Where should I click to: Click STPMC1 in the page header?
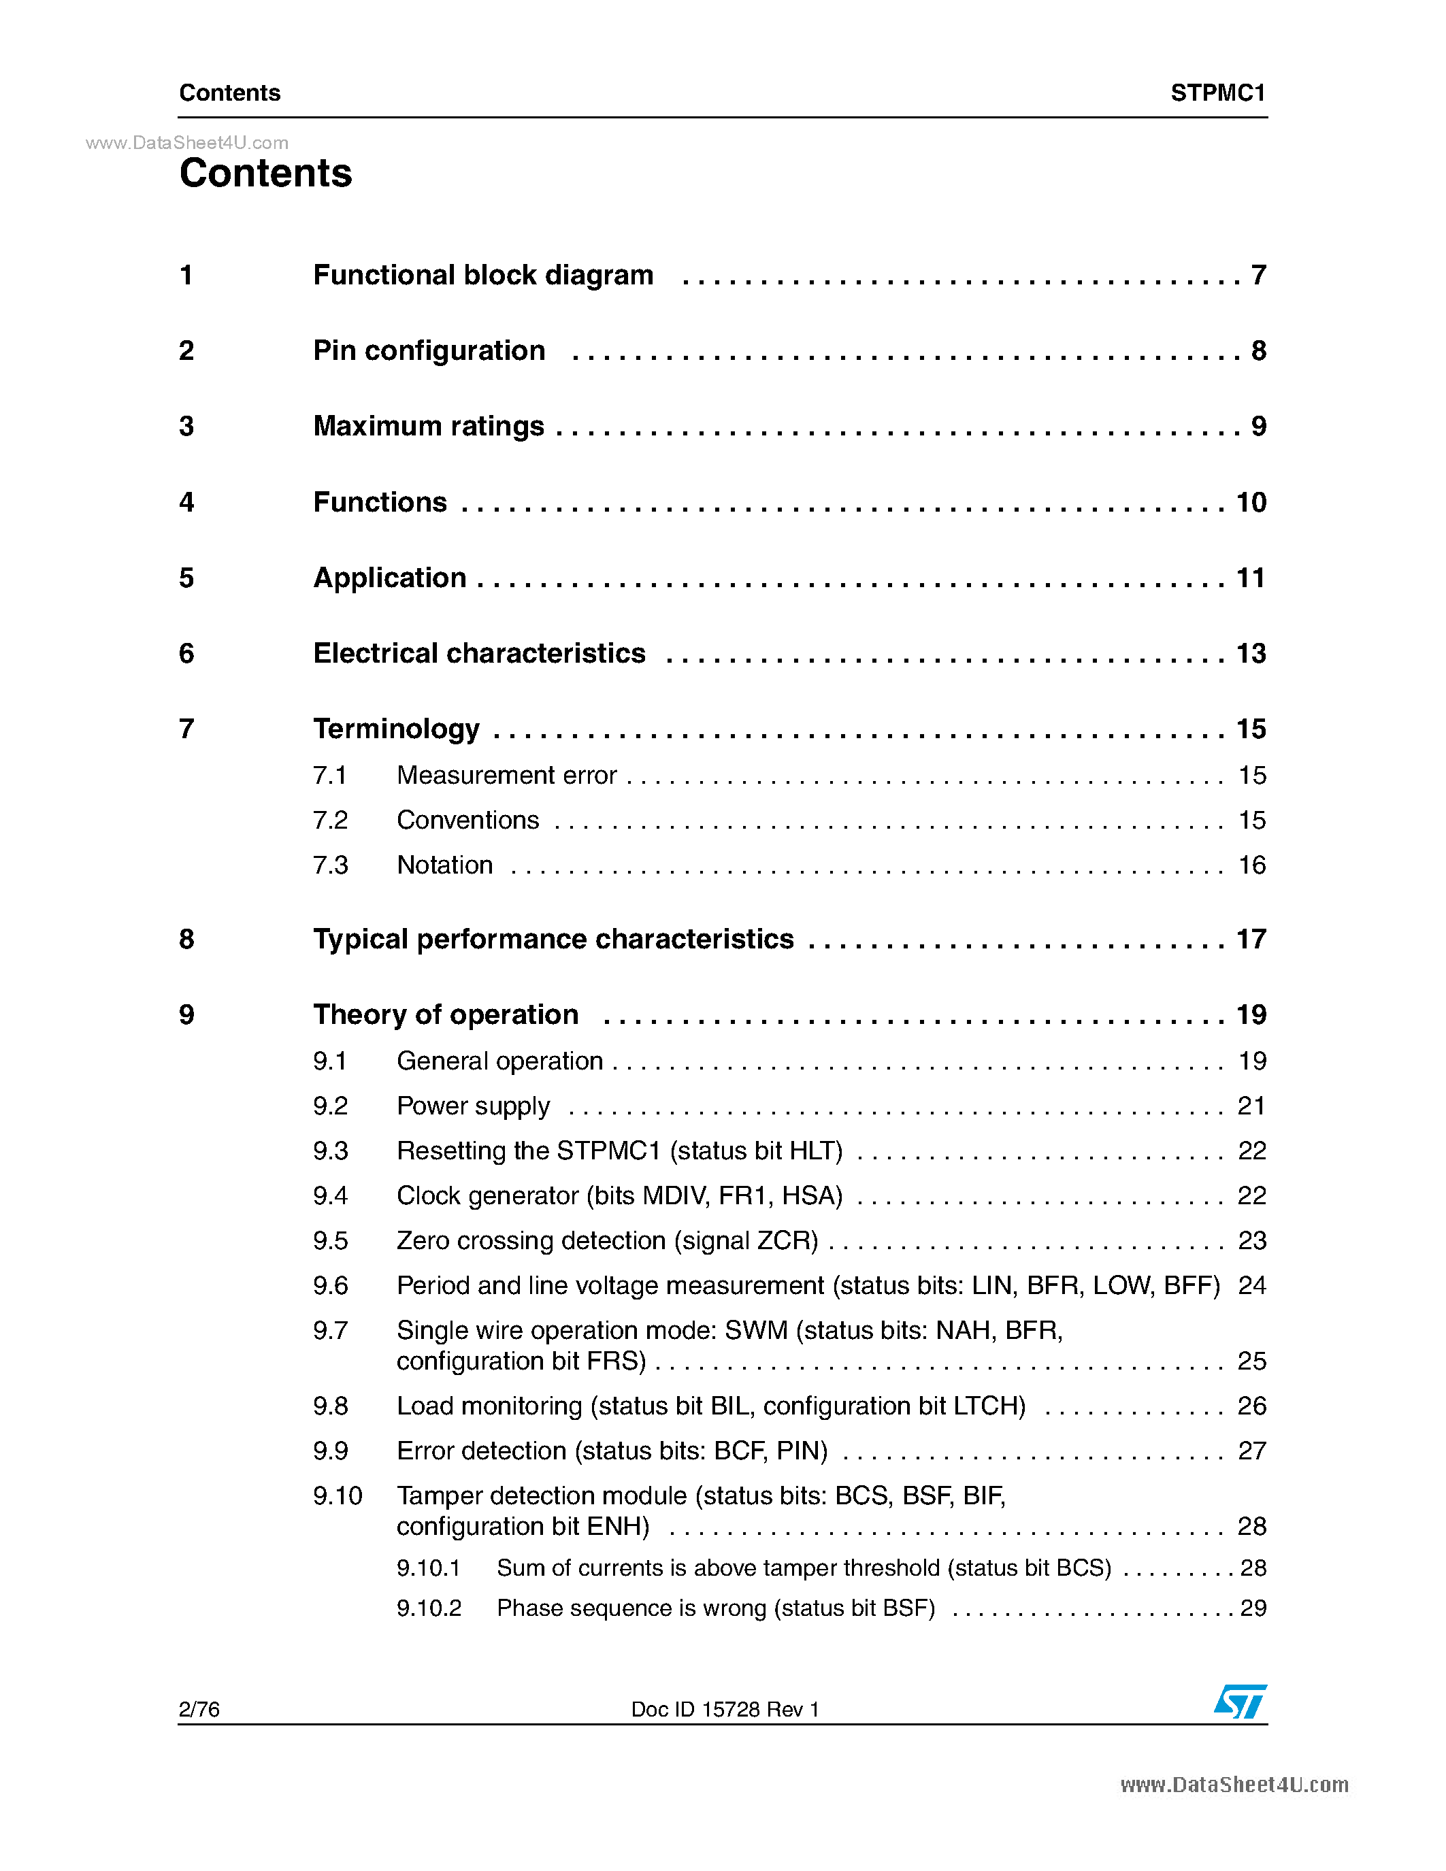pos(1217,93)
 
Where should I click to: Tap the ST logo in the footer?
pos(1240,1702)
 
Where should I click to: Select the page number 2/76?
pos(199,1709)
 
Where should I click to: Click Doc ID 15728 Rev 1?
pos(725,1709)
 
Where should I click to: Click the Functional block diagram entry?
pos(483,275)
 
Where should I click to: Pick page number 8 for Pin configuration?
pos(1258,350)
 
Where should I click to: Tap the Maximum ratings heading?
pos(428,426)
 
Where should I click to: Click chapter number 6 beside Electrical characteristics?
pos(186,654)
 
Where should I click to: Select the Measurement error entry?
pos(506,776)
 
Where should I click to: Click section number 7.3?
pos(330,865)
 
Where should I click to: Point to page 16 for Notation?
pos(1251,865)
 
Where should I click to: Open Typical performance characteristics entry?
pos(553,939)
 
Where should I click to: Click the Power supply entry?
pos(473,1106)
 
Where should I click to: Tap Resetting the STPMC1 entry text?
pos(619,1150)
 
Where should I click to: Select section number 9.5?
pos(330,1240)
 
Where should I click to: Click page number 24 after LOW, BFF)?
pos(1251,1285)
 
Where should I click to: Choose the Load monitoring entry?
pos(710,1406)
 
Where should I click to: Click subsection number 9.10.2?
pos(428,1608)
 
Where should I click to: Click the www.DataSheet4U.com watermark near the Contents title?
pos(186,143)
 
